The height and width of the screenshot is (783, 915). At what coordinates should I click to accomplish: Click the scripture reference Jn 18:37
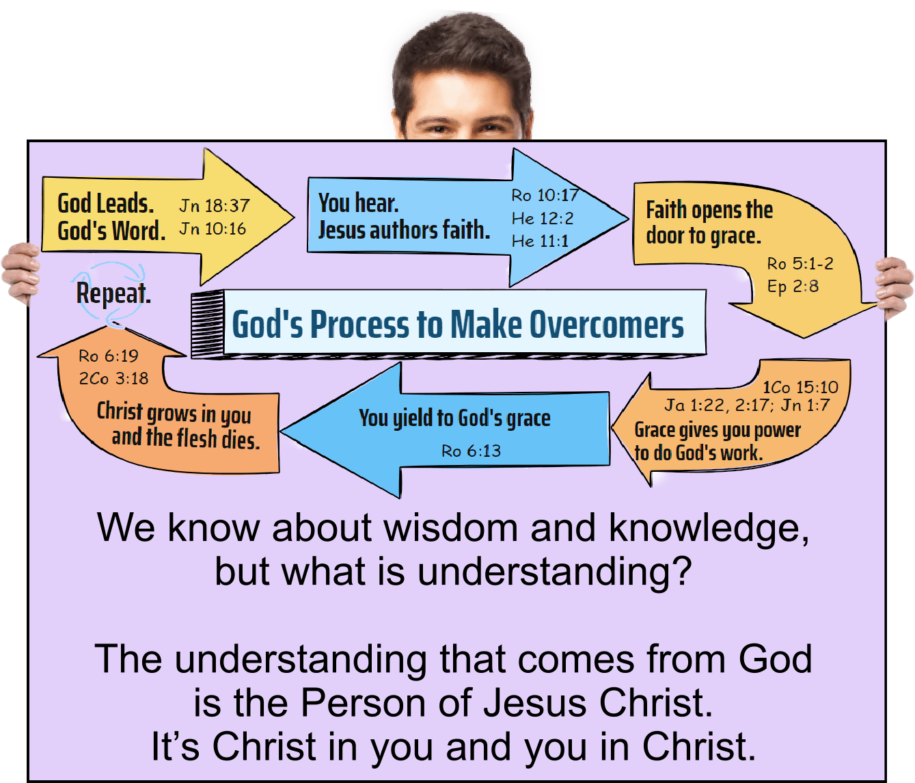(x=215, y=205)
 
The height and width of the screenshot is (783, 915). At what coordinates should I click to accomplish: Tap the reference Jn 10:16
(x=213, y=228)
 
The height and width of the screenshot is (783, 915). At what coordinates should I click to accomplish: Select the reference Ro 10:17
(x=545, y=196)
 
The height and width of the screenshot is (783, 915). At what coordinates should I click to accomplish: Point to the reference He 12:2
(x=543, y=218)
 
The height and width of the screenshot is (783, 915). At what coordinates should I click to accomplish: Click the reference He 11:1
(x=540, y=241)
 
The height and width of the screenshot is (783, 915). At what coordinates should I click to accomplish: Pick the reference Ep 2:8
(x=793, y=286)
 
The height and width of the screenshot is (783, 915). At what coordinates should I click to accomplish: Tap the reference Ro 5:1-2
(x=800, y=263)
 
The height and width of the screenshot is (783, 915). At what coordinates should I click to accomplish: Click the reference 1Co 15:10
(x=800, y=387)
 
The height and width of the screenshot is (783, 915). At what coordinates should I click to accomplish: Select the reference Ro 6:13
(x=471, y=451)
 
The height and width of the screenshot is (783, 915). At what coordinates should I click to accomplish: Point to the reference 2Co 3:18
(x=113, y=378)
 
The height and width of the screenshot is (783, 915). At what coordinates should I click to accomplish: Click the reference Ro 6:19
(x=108, y=356)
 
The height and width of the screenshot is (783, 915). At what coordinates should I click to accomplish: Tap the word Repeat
(x=113, y=293)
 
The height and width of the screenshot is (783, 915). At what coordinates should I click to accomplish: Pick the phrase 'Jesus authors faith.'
(x=404, y=230)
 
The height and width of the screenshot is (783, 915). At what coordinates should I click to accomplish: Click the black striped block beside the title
(x=207, y=323)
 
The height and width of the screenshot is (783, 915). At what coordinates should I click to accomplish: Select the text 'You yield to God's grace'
(x=454, y=418)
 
